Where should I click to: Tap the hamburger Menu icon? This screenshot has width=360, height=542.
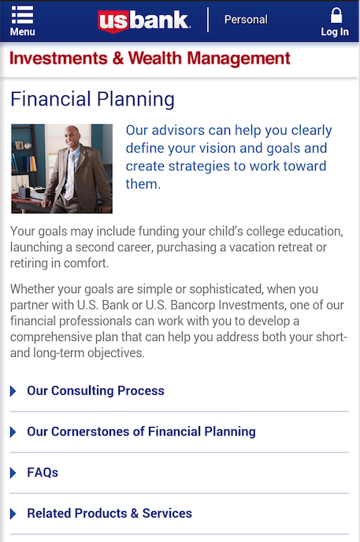(22, 16)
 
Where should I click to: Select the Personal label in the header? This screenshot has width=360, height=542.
(246, 20)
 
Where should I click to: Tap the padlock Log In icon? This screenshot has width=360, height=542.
(336, 17)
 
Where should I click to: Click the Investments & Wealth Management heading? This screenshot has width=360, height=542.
(150, 59)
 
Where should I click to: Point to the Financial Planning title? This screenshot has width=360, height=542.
(92, 100)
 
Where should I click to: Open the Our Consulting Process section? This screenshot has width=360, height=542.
(95, 391)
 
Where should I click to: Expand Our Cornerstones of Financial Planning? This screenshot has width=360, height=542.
(141, 432)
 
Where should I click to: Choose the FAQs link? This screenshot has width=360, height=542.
(43, 473)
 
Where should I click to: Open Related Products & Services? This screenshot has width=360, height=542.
(109, 514)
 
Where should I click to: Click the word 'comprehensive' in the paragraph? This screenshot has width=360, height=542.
(53, 337)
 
